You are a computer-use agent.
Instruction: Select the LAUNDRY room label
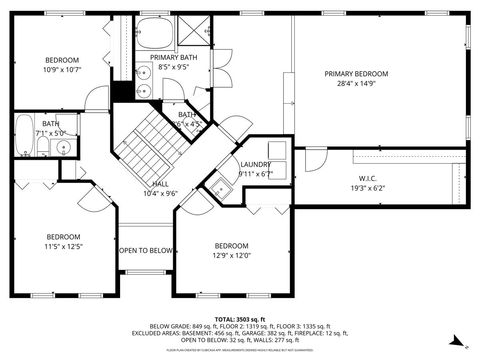(255, 164)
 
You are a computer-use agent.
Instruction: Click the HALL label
(160, 184)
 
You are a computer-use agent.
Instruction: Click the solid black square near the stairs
(122, 91)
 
